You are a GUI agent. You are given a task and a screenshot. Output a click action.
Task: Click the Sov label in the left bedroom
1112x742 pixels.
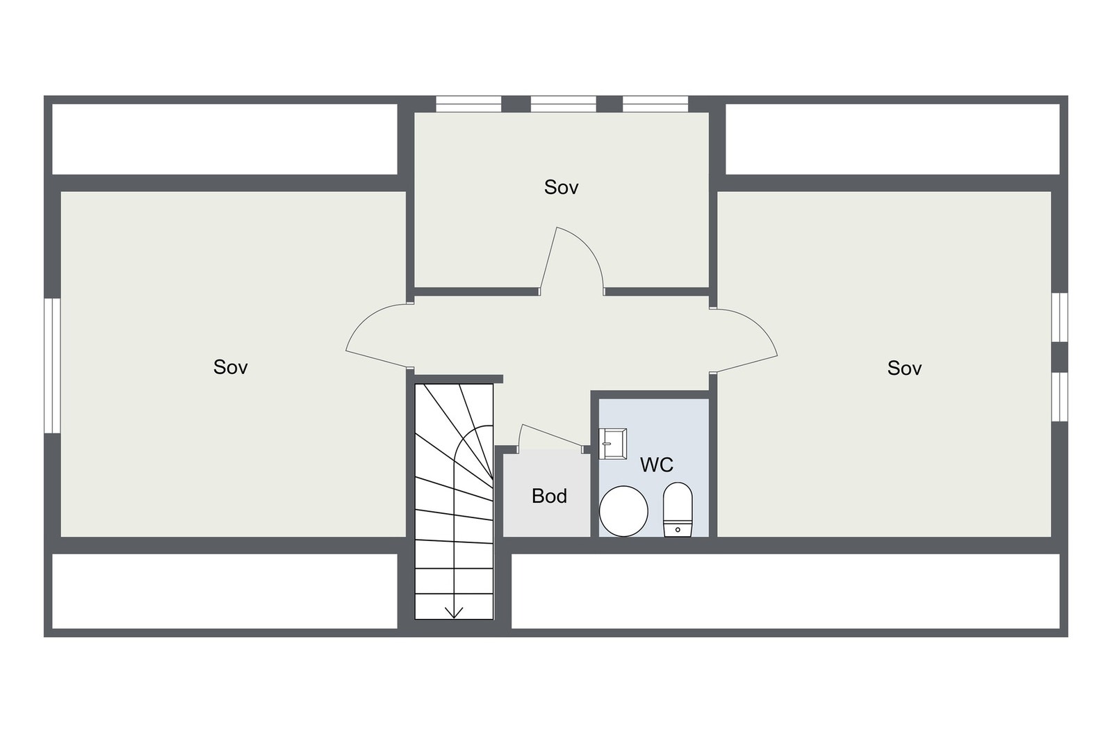[230, 367]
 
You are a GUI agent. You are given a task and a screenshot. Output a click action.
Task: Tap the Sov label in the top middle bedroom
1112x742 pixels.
[561, 187]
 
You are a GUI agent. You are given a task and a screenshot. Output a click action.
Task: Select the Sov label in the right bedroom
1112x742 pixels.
[904, 368]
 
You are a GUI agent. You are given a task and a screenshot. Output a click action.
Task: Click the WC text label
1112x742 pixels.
[656, 465]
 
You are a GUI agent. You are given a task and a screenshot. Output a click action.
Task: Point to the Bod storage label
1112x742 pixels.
[549, 496]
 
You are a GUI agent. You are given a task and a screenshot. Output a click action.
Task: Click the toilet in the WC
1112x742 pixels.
[678, 510]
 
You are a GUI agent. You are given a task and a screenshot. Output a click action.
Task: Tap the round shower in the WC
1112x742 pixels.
[623, 511]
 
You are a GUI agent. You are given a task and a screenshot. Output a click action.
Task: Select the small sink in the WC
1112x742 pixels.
[613, 444]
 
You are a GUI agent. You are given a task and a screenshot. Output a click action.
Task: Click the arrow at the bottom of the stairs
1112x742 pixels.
[454, 611]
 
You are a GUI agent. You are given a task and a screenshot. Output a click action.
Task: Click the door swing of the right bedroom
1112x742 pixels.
[747, 339]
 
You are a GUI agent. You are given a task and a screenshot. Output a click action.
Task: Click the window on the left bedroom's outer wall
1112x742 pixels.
[49, 366]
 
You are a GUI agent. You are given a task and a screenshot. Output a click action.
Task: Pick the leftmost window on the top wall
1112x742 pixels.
[468, 104]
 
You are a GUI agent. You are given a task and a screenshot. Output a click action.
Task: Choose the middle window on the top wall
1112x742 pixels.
[563, 104]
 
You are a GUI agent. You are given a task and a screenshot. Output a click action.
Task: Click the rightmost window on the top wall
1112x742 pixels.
[655, 104]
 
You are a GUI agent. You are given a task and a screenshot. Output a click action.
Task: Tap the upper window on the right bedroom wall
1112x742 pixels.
[1058, 317]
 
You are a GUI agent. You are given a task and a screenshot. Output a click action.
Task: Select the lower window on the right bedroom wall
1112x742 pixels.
[1058, 396]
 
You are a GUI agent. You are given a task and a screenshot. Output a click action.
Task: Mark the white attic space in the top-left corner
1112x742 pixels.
[224, 139]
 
